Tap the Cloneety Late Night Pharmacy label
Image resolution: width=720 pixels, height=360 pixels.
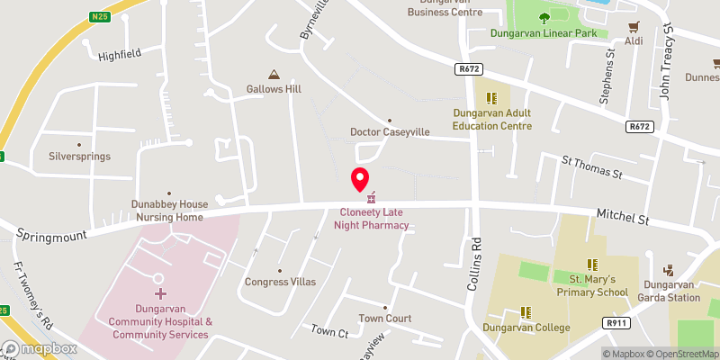373,219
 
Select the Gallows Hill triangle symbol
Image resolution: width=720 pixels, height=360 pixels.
274,75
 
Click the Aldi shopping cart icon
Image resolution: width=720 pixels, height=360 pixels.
634,26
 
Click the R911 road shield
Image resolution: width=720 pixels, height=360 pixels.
616,323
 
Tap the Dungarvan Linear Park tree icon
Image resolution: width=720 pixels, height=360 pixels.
544,18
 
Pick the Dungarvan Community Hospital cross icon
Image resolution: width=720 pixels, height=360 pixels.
161,293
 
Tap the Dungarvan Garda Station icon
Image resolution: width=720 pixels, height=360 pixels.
669,269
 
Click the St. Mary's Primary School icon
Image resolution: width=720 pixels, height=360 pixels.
592,265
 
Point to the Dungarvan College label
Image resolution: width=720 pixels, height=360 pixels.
526,328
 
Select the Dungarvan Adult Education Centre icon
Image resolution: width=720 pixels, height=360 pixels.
491,98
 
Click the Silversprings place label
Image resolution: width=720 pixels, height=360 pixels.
79,156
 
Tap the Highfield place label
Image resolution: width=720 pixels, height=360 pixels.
120,54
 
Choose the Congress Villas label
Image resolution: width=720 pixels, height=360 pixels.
280,282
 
